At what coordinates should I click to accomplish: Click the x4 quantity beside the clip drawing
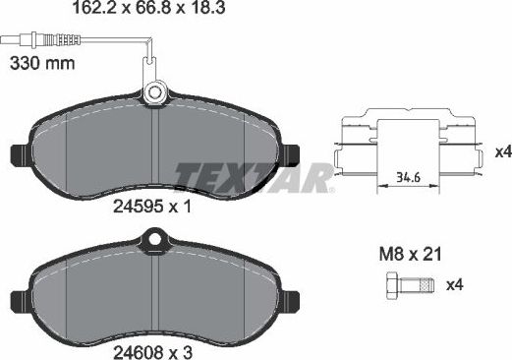(501, 152)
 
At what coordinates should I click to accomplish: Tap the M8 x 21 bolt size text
(409, 254)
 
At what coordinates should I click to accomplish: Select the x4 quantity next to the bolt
(454, 286)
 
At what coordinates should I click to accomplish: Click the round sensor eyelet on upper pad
(153, 93)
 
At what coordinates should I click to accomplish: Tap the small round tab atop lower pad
(153, 237)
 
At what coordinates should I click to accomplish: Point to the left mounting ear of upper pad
(19, 155)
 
